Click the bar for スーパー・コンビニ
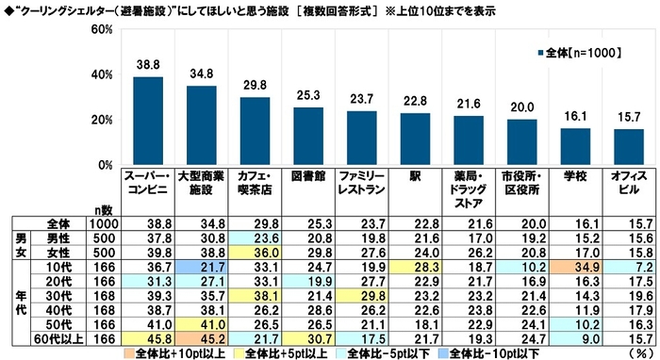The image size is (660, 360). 149,121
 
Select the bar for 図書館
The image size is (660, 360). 309,136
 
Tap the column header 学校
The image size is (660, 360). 575,176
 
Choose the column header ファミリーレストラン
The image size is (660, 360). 362,182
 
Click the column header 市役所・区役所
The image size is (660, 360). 522,182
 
